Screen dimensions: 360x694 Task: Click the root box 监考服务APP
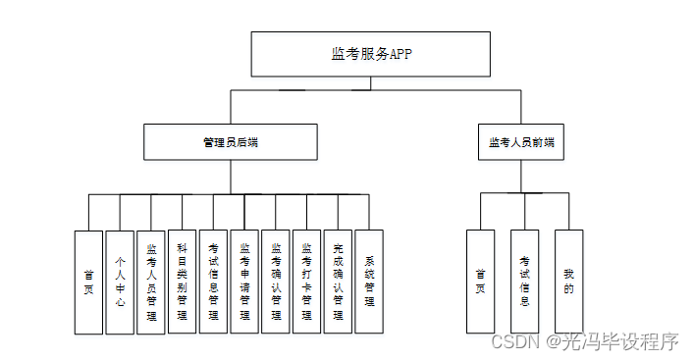370,54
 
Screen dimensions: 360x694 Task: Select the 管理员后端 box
230,142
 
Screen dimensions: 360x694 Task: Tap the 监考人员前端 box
521,142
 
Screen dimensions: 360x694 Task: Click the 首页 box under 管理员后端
88,282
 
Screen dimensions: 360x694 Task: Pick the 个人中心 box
120,282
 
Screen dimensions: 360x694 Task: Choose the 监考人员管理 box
151,282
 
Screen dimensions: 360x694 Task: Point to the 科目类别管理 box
182,282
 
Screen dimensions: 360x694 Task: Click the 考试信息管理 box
213,282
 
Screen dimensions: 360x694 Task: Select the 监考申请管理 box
244,282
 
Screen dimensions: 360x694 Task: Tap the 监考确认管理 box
276,282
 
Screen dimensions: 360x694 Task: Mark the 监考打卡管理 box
306,282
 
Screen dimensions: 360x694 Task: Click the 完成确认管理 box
338,282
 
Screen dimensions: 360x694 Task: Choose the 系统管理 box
369,282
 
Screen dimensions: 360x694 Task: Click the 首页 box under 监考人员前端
480,282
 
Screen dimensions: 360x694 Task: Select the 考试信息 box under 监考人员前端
524,282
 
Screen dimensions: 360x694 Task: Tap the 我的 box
568,282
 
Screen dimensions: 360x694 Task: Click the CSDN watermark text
510,341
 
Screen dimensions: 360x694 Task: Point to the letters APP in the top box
400,55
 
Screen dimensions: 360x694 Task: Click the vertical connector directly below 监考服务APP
370,83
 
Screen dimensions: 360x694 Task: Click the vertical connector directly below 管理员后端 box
230,177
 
